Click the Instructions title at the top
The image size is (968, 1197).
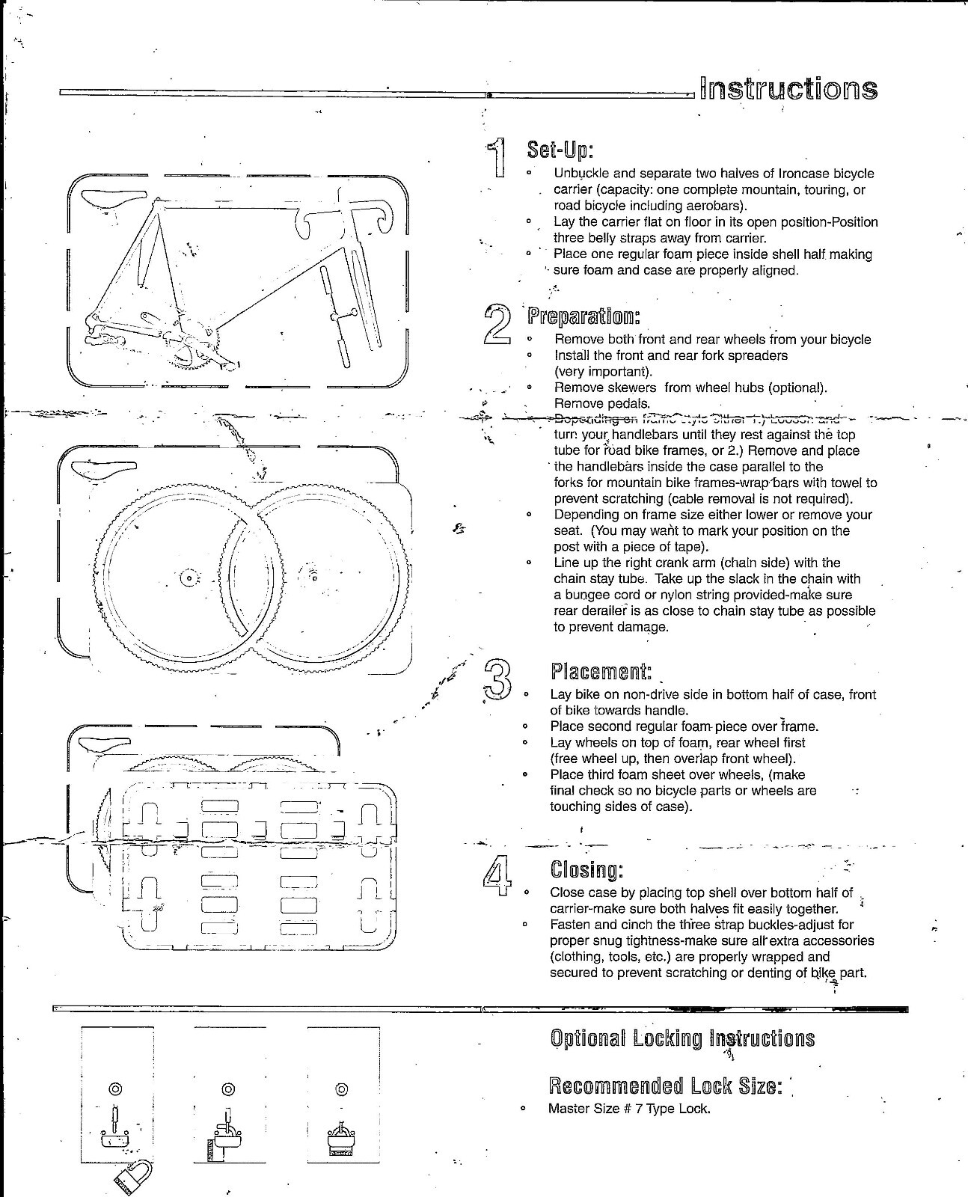(788, 89)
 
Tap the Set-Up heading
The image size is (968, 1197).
(560, 150)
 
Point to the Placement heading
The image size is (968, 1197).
(601, 670)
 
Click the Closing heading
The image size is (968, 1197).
(586, 869)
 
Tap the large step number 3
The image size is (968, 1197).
(498, 679)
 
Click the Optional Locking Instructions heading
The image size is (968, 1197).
(681, 1038)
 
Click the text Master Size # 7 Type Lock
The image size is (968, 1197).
(629, 1109)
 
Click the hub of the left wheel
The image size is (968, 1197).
(189, 578)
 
